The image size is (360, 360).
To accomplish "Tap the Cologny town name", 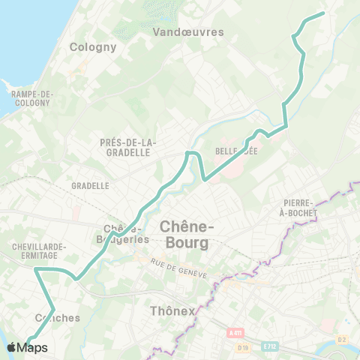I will coord(93,46).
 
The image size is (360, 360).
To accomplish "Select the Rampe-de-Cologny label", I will coord(31,98).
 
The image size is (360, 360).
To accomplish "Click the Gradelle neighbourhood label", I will coord(91,185).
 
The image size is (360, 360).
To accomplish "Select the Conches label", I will coord(58,318).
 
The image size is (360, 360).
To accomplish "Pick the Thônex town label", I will coord(172,310).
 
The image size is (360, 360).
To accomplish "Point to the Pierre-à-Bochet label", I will coord(300,208).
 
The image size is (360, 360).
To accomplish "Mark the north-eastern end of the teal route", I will coord(322,13).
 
